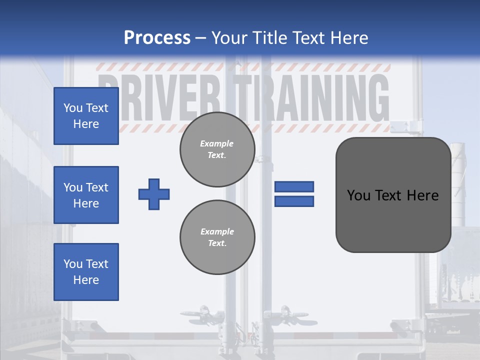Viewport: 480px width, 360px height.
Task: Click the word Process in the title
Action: [157, 38]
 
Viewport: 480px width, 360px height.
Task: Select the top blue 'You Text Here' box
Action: [86, 116]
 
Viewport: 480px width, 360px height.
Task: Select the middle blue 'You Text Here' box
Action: [86, 195]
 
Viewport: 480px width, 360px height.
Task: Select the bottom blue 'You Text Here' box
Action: [86, 272]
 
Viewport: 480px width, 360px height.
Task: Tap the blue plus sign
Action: [154, 194]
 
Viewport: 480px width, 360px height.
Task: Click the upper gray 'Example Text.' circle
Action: [217, 149]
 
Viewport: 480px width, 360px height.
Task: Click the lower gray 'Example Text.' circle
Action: [217, 237]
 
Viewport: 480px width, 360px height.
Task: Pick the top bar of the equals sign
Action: [294, 186]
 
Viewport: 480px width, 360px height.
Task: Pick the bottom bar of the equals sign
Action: [294, 201]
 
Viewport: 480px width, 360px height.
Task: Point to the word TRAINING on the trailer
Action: [312, 97]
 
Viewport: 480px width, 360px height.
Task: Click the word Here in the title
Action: [347, 38]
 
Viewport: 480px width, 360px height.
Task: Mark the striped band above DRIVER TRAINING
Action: [243, 67]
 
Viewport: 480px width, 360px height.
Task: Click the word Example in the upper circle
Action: [217, 143]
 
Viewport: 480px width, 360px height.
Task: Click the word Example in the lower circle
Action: [217, 231]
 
